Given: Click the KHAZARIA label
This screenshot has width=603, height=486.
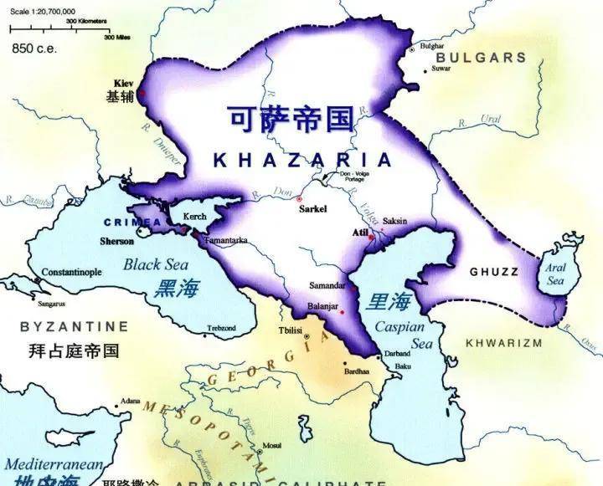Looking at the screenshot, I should pos(302,161).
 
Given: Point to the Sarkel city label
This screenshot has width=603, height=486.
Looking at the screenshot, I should pos(313,209).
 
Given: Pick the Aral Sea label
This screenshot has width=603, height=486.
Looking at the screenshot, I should pos(556,274).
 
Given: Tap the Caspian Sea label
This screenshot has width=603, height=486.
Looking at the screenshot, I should pos(399,336).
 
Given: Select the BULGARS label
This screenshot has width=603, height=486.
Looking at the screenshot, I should pos(482,59).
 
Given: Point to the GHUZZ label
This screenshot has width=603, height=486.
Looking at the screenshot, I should pos(493,272).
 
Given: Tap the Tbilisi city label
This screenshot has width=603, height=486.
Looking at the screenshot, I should pos(290,331).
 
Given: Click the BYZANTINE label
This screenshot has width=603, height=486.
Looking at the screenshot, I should pos(75,326).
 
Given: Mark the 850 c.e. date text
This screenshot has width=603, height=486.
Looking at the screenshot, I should pos(33,49).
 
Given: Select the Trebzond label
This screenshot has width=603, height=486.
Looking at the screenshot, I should pos(221,327).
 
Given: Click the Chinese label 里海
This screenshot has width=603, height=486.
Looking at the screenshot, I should pos(389,302).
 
